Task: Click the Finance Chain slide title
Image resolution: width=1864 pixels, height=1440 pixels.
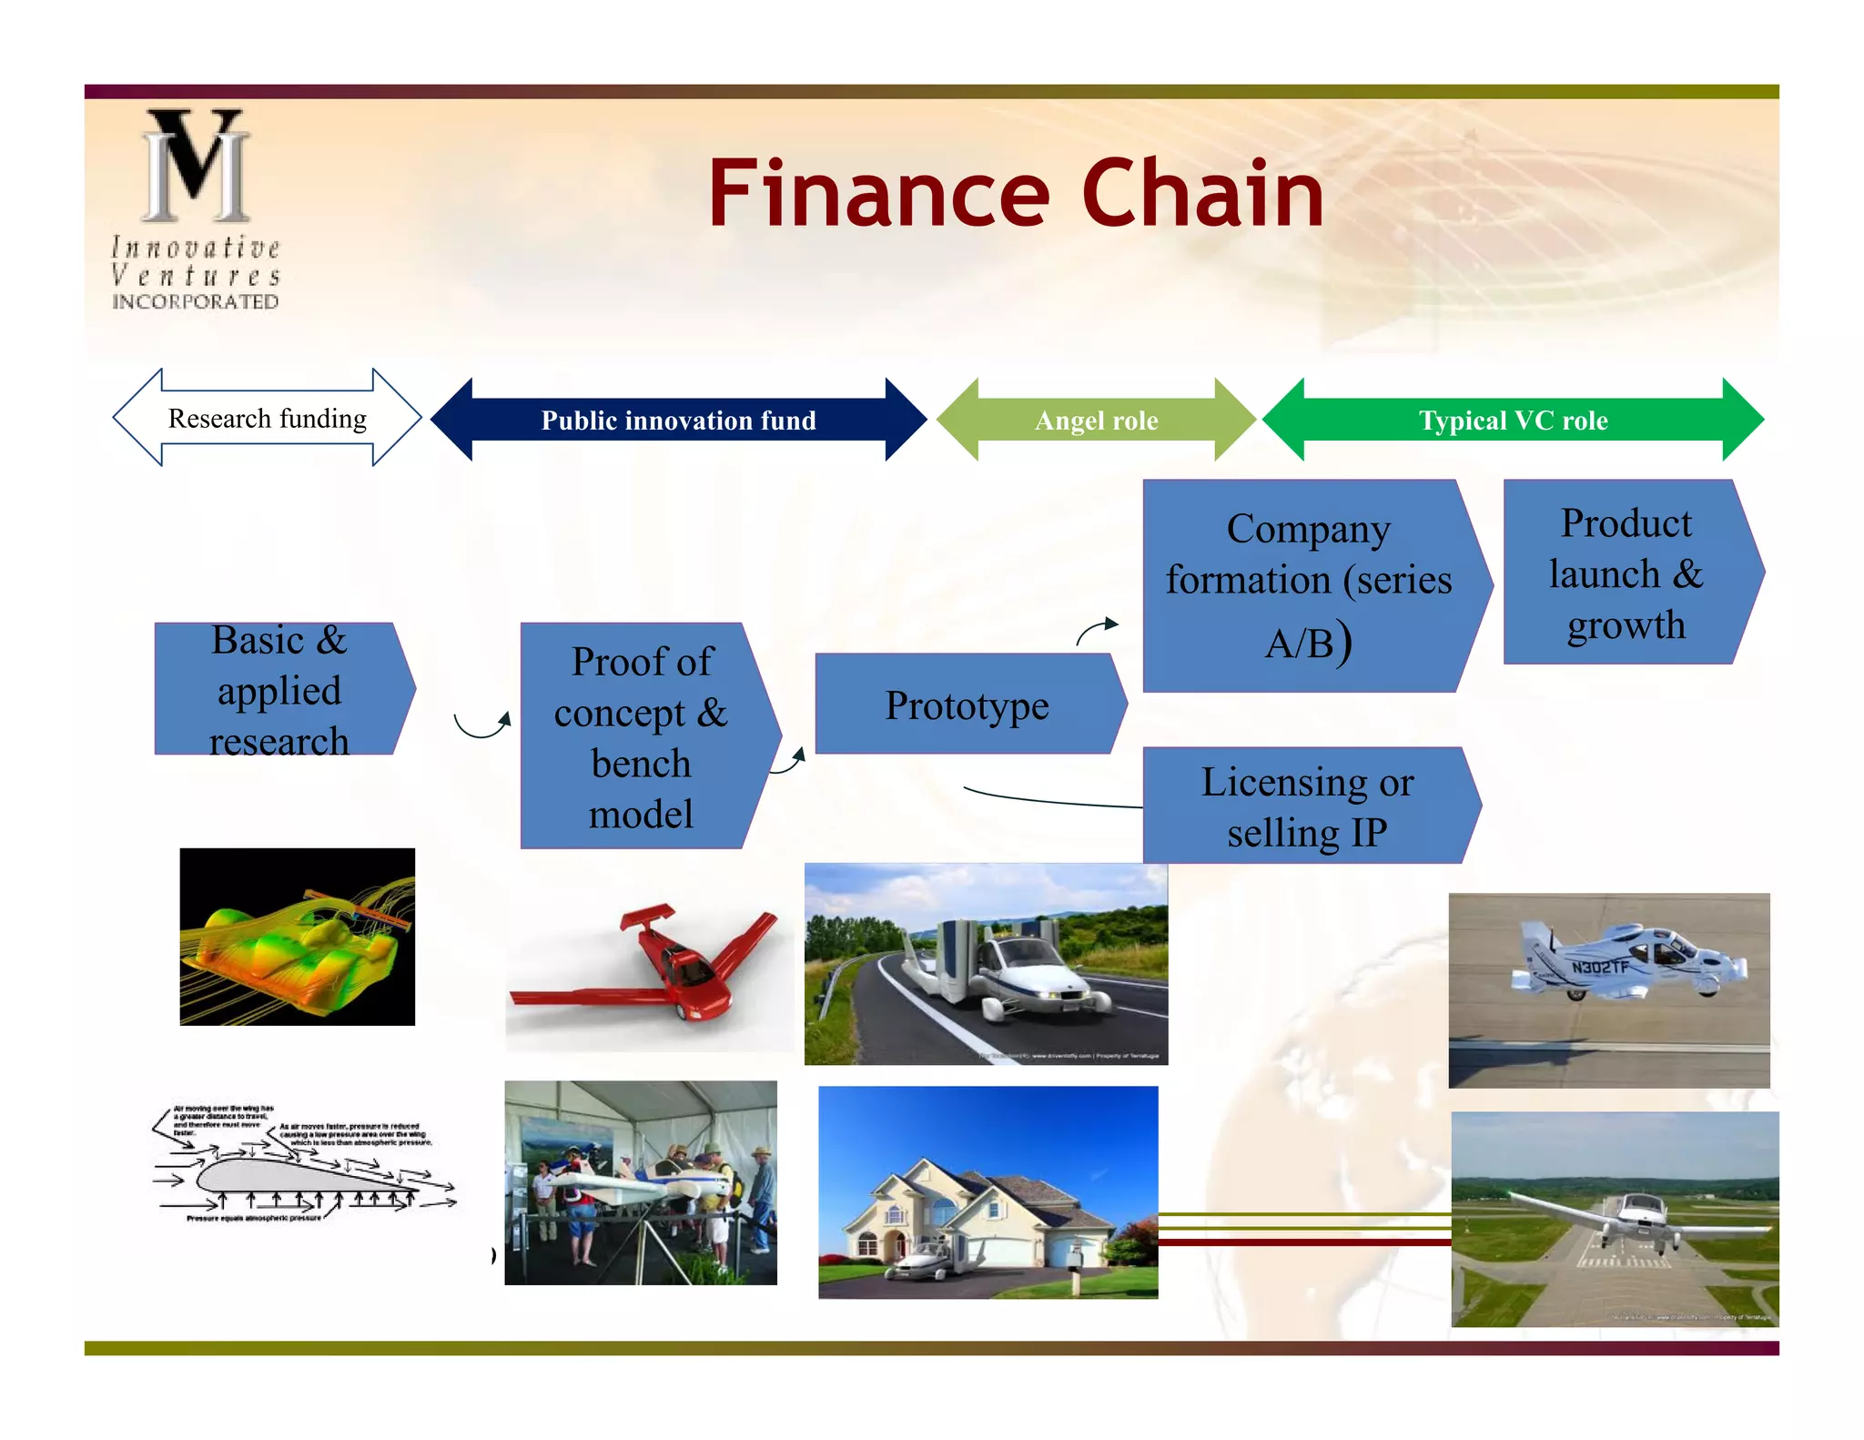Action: (x=1015, y=193)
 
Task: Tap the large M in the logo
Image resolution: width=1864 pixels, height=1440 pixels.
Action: (x=197, y=166)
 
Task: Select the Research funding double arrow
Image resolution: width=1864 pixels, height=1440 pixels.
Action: (x=267, y=418)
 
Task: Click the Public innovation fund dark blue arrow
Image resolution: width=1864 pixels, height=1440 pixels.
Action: (x=678, y=420)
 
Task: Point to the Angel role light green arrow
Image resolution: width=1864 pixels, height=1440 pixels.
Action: (x=1096, y=420)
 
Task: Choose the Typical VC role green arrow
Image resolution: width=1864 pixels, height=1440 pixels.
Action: (x=1513, y=420)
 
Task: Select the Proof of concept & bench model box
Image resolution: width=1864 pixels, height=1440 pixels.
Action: (x=641, y=735)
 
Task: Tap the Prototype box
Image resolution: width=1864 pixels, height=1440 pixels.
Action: (x=967, y=705)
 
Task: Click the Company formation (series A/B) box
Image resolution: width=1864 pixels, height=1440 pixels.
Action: (x=1308, y=585)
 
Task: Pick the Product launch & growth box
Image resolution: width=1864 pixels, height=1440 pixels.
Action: (x=1626, y=573)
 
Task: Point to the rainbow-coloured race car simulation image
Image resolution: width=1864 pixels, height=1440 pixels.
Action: (x=297, y=937)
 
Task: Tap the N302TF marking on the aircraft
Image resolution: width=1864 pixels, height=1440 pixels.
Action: (x=1599, y=966)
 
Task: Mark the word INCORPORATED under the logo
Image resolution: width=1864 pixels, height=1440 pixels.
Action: (x=195, y=301)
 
